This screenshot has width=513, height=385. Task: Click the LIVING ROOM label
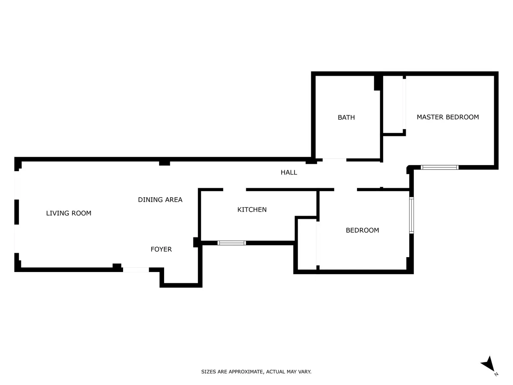point(68,213)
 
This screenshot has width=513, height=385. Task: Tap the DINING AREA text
point(160,200)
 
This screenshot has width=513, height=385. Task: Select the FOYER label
point(161,249)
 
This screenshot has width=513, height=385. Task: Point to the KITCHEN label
point(252,210)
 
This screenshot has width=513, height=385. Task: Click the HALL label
point(289,172)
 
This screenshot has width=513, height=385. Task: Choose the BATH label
point(346,117)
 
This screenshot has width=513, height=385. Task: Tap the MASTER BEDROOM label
point(448,117)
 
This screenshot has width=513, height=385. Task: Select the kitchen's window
point(232,243)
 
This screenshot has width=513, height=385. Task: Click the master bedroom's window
point(439,167)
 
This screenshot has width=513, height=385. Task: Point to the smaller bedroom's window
point(412,215)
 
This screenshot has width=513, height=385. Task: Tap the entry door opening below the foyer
point(136,270)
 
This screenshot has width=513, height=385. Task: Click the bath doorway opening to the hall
point(334,160)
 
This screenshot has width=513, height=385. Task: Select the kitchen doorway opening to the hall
point(235,190)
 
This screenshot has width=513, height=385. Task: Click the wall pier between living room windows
point(17,212)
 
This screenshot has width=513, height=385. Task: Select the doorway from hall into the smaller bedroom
point(345,190)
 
